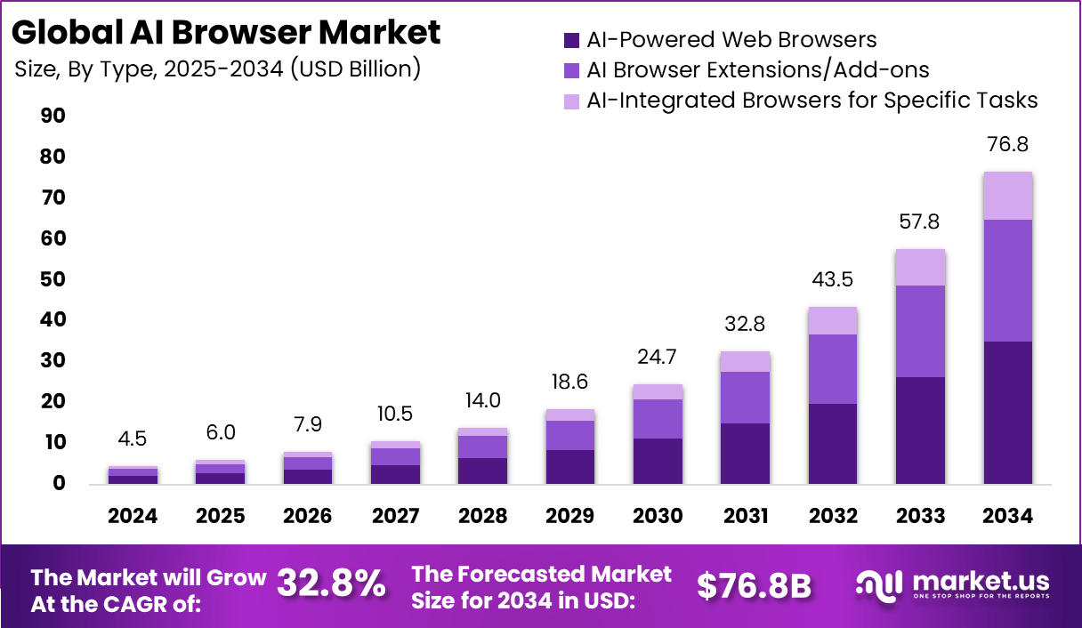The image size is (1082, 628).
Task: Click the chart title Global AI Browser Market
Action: (226, 33)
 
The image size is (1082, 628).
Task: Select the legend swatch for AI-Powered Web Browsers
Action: (571, 40)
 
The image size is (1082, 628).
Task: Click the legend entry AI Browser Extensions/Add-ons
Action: (757, 70)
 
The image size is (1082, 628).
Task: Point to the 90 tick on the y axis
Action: (52, 117)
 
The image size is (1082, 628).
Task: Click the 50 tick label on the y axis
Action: (52, 279)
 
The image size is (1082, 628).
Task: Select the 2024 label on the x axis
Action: (133, 516)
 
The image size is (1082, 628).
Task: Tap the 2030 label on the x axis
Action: (658, 516)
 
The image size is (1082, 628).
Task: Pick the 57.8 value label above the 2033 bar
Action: (920, 221)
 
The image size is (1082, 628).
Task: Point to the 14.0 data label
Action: (482, 400)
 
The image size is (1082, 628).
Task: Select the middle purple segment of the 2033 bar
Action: (920, 331)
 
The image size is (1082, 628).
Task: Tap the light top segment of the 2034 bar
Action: (1007, 196)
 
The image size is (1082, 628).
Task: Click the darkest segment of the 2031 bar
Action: (745, 453)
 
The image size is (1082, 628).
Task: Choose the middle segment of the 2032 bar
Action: (832, 369)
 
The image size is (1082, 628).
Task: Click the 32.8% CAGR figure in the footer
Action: (331, 584)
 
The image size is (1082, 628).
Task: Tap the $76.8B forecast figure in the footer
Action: (754, 585)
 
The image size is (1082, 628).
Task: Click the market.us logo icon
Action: (880, 584)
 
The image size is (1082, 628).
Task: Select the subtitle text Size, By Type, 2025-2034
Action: (217, 68)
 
